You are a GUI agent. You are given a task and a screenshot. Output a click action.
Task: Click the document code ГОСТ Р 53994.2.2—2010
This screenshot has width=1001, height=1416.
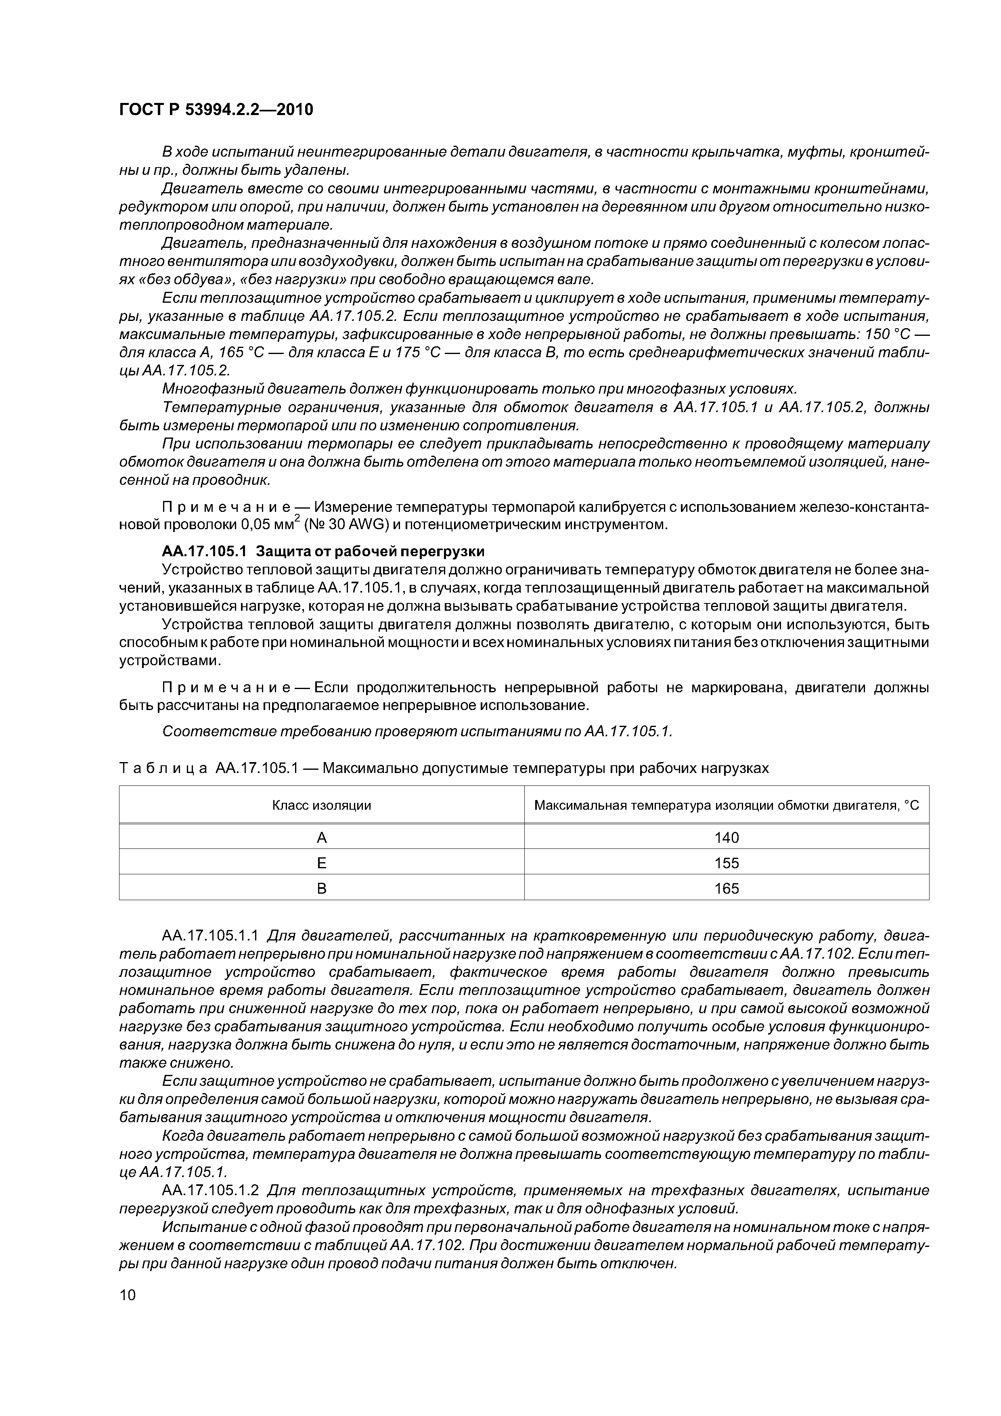point(216,110)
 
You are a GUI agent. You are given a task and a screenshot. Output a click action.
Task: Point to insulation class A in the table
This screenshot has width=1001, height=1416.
point(321,838)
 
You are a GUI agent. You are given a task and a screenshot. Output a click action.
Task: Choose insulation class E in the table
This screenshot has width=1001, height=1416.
point(321,863)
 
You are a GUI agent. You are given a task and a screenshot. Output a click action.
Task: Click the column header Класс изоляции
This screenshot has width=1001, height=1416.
point(321,805)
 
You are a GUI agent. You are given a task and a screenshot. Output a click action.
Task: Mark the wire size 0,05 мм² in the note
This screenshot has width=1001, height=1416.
point(268,525)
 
